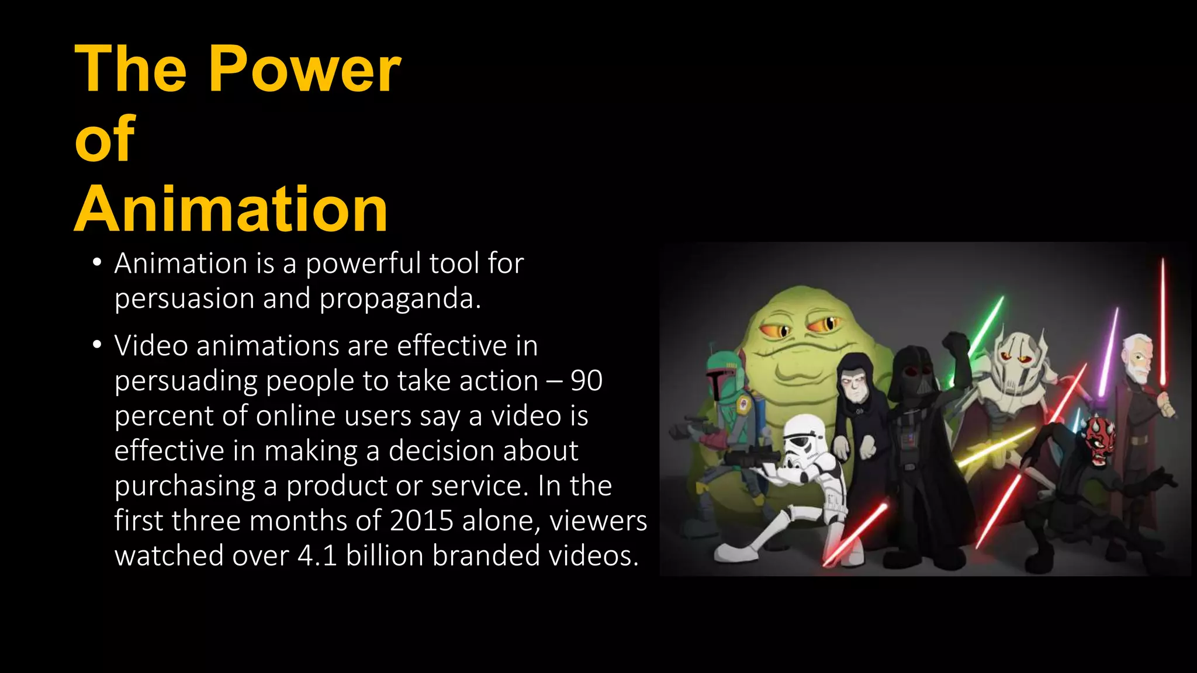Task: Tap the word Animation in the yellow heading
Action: pos(231,209)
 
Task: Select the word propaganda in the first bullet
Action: pos(400,299)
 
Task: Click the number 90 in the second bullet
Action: pos(586,381)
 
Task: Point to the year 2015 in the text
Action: pos(421,521)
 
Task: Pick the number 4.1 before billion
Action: pos(317,556)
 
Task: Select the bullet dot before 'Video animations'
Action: pos(97,345)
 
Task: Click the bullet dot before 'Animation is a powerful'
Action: pos(97,262)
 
